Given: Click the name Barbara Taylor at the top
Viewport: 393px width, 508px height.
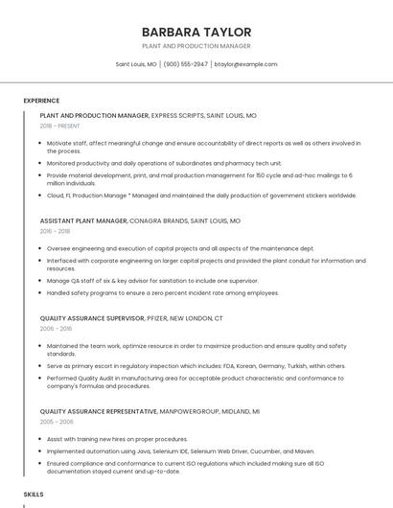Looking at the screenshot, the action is (x=196, y=32).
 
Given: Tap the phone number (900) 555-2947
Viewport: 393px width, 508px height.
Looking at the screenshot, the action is (x=185, y=64).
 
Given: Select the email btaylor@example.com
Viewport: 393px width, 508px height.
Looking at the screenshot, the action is (x=245, y=64).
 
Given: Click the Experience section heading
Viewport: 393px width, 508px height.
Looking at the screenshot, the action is (x=41, y=101).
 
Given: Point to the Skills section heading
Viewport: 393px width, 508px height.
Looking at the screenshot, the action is (x=34, y=494).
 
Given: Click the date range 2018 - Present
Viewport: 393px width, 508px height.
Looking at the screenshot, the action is (x=60, y=126).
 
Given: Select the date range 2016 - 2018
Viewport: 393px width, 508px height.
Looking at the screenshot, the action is (x=55, y=231).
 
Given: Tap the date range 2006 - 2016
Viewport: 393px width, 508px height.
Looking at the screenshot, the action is (x=55, y=328).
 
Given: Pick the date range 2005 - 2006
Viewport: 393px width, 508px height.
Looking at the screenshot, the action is (x=57, y=421).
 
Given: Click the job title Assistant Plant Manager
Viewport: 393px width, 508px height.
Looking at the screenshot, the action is (x=83, y=220).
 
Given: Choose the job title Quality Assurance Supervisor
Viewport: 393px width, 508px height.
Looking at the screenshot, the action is (x=92, y=317).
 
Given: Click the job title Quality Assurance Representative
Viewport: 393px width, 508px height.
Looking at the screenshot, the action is (x=99, y=410).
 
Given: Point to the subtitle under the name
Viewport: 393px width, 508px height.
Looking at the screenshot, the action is (x=196, y=46).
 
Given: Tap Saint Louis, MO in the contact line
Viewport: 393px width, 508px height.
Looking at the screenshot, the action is (x=136, y=64).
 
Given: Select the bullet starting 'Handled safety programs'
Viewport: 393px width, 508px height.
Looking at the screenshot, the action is (x=163, y=292).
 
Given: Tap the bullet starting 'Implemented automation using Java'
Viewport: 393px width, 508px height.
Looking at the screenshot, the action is (x=180, y=450).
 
